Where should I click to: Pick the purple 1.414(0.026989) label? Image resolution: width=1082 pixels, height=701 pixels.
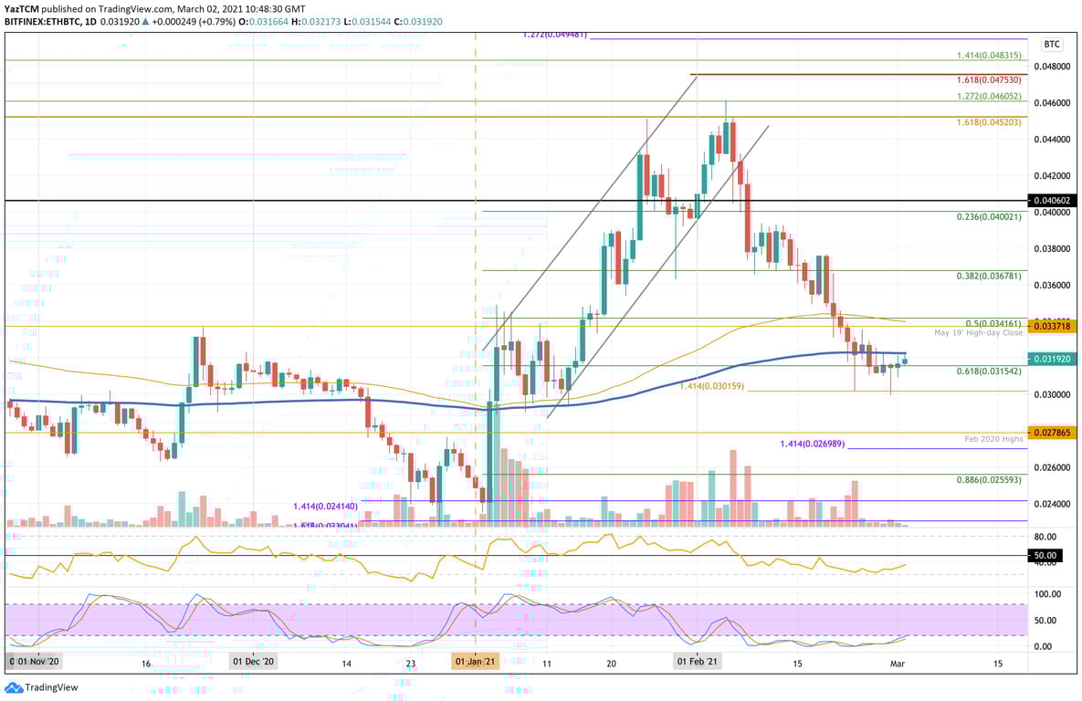click(x=812, y=444)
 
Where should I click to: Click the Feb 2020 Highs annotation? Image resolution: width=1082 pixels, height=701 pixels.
click(x=993, y=439)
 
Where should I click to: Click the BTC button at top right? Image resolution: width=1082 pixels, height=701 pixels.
click(x=1052, y=44)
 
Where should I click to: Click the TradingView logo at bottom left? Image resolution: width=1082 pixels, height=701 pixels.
click(x=42, y=687)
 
